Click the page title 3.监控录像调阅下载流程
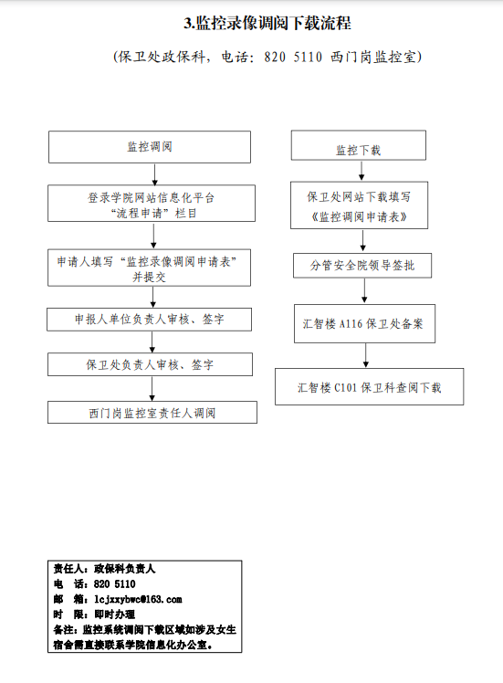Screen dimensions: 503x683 267,23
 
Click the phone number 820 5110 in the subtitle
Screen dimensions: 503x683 293,57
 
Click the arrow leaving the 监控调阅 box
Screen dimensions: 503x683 154,174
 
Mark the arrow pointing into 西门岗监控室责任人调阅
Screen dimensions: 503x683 152,389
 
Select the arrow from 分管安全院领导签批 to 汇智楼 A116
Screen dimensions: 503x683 364,290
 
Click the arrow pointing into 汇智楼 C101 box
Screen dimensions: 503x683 366,355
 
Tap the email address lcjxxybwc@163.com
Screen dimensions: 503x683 138,599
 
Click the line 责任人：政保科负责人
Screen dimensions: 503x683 104,569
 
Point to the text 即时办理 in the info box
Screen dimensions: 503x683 114,615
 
